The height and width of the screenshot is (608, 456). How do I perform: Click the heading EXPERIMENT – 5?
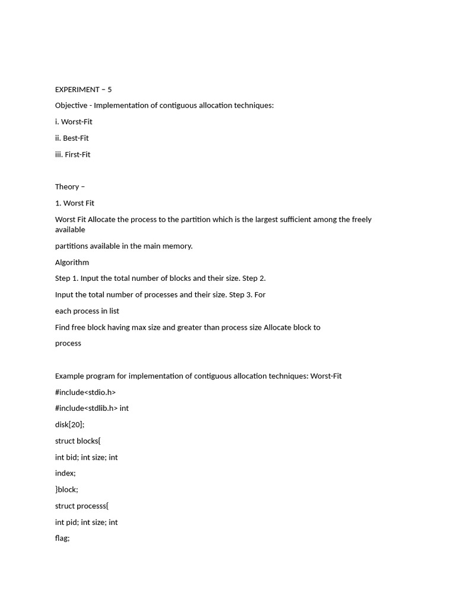coord(83,90)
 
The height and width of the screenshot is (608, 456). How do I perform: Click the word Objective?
coord(71,106)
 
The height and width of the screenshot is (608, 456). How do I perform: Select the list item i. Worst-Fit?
coord(74,122)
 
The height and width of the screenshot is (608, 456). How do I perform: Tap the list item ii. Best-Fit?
coord(72,138)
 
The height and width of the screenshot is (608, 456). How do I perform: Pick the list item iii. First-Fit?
coord(72,154)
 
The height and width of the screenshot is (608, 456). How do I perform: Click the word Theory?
coord(67,187)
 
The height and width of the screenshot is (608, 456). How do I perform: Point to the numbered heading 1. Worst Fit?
coord(75,203)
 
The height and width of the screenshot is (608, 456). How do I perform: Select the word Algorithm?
coord(72,262)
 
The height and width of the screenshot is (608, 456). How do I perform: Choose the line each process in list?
coord(87,311)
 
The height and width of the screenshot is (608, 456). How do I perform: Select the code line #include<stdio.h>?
coord(85,392)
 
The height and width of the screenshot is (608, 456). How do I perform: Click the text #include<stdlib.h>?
coord(87,408)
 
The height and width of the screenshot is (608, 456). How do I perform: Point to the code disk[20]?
coord(70,425)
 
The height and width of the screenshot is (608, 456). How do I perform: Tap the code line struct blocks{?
coord(82,441)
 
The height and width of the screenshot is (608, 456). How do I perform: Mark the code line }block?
coord(66,490)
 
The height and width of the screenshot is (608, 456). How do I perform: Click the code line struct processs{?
coord(82,506)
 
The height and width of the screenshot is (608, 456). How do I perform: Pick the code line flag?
coord(62,539)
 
